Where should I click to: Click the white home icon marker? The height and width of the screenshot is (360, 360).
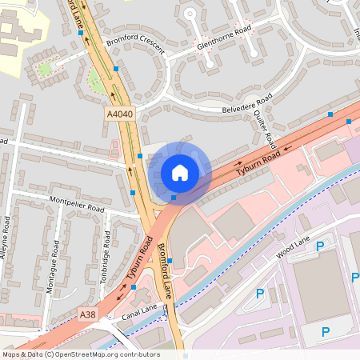tap(179, 173)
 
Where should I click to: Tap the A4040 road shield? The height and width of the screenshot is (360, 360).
tap(119, 115)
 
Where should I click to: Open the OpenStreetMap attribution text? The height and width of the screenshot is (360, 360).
tap(80, 354)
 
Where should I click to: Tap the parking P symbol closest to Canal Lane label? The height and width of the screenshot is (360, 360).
tap(259, 294)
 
